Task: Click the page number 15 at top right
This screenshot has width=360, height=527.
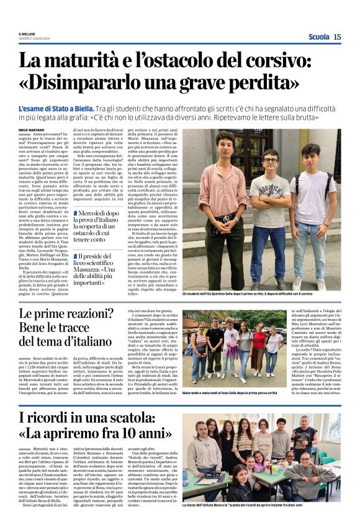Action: tap(337, 37)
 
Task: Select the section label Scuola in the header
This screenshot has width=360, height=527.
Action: tap(318, 37)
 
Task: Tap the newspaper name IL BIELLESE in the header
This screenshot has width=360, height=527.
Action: tap(27, 35)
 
